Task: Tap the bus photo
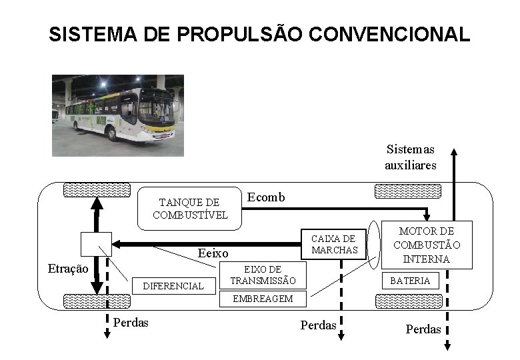(x=117, y=115)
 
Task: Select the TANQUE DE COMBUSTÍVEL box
(x=190, y=208)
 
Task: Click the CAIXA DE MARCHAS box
(x=334, y=244)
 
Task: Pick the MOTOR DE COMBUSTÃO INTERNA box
(x=427, y=245)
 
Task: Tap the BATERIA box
(x=410, y=281)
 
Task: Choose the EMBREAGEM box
(x=263, y=299)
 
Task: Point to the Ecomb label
(x=266, y=197)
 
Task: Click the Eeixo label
(x=213, y=253)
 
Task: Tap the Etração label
(x=68, y=269)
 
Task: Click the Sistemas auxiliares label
(x=410, y=157)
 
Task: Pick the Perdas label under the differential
(x=131, y=323)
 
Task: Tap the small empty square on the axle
(x=96, y=244)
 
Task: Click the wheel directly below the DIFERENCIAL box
(x=96, y=301)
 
